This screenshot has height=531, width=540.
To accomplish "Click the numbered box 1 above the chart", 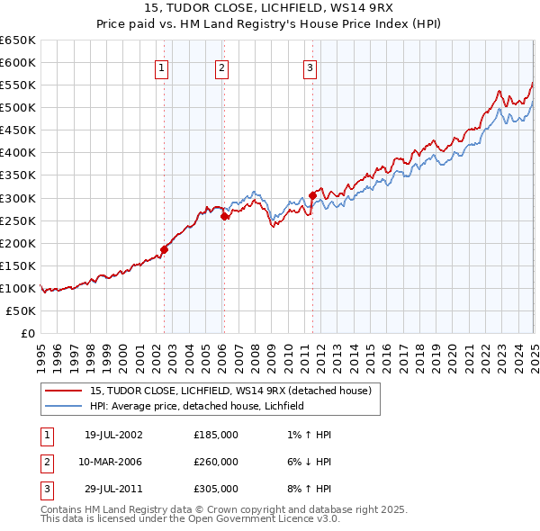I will tap(161, 67).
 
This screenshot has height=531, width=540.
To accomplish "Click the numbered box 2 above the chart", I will tap(221, 67).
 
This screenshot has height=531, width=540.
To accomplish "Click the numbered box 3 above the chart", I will tap(310, 67).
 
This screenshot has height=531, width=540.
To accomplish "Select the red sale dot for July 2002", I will tap(165, 249).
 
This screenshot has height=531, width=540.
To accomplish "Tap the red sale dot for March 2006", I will tap(224, 216).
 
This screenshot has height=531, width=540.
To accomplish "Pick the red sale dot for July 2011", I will tap(312, 195).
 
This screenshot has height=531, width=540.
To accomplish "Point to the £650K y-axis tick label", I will tap(17, 40).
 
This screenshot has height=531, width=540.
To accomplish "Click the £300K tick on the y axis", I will tap(17, 198).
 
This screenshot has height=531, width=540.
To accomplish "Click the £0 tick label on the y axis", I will tap(27, 333).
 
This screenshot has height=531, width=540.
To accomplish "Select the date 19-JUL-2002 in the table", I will tap(113, 435).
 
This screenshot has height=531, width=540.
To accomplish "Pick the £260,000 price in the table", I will tap(216, 462).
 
